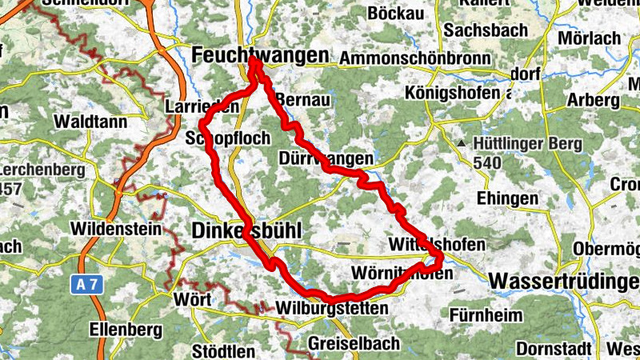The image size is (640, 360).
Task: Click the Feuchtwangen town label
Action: coord(261,55)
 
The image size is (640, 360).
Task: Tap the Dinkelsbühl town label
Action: coord(246,231)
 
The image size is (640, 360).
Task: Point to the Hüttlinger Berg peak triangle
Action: coord(462,144)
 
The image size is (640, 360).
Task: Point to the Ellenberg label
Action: coord(120,328)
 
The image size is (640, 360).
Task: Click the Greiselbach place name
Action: coord(354,344)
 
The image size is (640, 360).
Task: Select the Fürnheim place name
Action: coord(486,314)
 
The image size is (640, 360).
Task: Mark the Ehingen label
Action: coord(506,198)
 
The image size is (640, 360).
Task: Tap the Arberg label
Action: coord(593,101)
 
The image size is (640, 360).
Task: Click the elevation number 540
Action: coord(486,163)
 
